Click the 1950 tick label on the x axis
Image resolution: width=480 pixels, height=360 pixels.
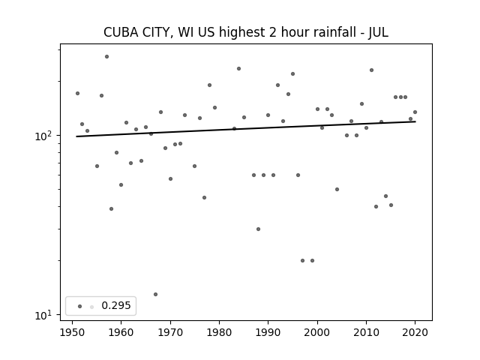(72, 332)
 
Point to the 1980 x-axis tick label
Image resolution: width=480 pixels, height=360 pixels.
(219, 332)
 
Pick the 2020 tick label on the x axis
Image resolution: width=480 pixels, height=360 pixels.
(415, 332)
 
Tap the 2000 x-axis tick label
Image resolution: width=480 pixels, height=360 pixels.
(317, 332)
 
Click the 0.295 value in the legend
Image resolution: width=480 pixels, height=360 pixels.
(116, 305)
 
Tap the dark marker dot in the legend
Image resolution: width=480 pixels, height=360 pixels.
(80, 306)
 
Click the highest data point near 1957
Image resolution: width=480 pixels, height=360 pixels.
(106, 57)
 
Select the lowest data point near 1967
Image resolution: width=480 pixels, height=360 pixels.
(155, 295)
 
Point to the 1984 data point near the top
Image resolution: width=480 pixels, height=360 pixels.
(238, 68)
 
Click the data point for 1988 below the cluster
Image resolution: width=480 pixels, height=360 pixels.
(258, 229)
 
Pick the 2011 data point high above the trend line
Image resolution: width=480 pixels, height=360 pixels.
(372, 70)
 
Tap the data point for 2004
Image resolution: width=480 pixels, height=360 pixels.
(337, 190)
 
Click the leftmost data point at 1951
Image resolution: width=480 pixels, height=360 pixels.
(77, 93)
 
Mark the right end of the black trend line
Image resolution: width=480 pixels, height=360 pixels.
(415, 121)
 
